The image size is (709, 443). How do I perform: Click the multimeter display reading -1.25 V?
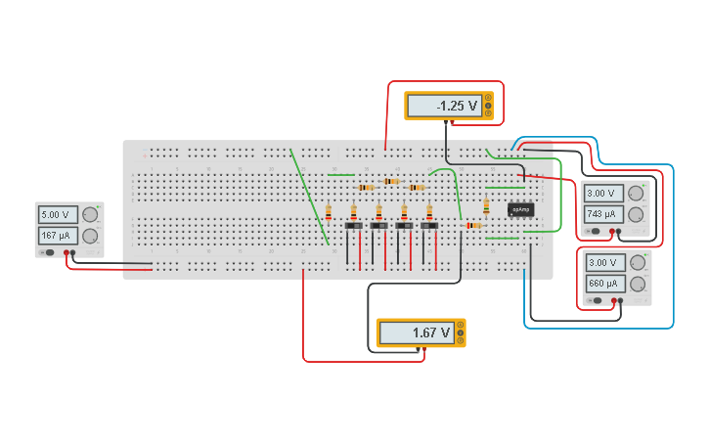pos(443,106)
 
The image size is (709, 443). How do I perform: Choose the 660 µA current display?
pos(605,284)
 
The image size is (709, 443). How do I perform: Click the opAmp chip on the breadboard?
pos(520,209)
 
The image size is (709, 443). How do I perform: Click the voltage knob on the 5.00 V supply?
pos(90,214)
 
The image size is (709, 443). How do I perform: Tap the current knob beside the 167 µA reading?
pos(90,236)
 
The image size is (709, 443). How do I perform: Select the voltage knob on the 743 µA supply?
pos(637,193)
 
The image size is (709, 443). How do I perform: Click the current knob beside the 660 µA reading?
pos(638,284)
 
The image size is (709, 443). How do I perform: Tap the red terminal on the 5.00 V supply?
pos(66,253)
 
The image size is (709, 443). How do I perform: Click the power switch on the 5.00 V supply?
pos(46,253)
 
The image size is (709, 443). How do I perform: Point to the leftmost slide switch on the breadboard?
pos(353,227)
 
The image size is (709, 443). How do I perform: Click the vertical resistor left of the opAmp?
pos(486,206)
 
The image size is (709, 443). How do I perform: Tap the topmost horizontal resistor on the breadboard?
pos(392,181)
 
